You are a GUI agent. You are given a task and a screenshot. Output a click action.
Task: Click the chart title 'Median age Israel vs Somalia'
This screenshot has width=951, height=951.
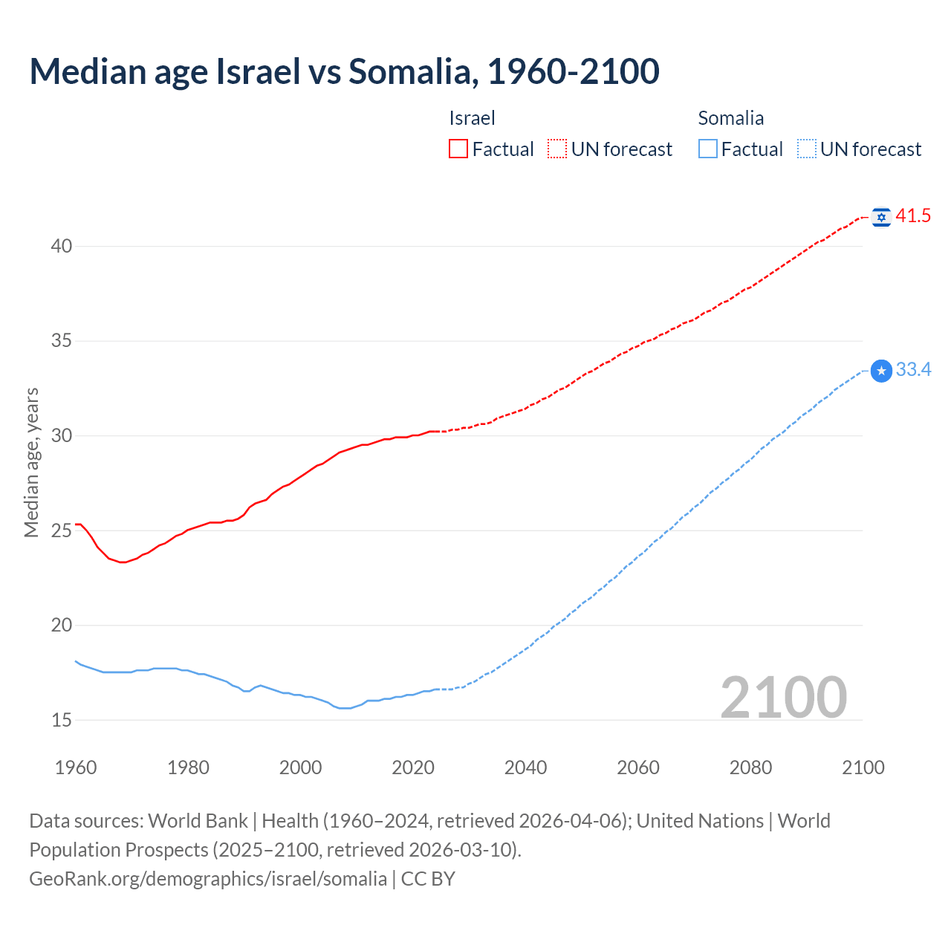pyautogui.click(x=344, y=71)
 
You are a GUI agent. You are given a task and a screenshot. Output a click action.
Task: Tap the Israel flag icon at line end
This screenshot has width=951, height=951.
pyautogui.click(x=881, y=217)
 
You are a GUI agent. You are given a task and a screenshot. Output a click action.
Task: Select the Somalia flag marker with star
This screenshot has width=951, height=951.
pyautogui.click(x=881, y=370)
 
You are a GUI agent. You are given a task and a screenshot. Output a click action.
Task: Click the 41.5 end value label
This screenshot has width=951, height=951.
pyautogui.click(x=913, y=216)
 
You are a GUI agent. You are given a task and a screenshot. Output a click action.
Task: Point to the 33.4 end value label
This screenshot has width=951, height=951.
pyautogui.click(x=913, y=369)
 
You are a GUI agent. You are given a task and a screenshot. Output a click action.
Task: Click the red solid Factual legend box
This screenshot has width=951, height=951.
pyautogui.click(x=458, y=149)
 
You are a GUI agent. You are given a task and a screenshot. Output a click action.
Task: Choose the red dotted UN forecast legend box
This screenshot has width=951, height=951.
pyautogui.click(x=557, y=149)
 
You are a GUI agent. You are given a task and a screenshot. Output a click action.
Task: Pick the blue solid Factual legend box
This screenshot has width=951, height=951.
pyautogui.click(x=708, y=149)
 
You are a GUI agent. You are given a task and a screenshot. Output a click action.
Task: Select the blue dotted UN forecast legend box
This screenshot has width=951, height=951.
pyautogui.click(x=806, y=149)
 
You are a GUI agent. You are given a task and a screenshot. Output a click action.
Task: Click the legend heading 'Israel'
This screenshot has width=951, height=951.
pyautogui.click(x=472, y=118)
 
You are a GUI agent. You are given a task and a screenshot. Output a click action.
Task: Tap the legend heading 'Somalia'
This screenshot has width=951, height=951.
pyautogui.click(x=730, y=118)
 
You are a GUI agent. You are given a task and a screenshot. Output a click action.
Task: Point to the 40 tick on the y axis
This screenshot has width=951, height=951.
pyautogui.click(x=62, y=246)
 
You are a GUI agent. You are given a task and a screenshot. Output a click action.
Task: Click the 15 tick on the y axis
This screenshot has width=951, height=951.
pyautogui.click(x=62, y=720)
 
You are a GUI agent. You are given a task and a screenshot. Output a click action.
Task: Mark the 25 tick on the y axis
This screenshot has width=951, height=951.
pyautogui.click(x=62, y=530)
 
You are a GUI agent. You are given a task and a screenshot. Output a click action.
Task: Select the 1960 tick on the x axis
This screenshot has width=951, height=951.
pyautogui.click(x=76, y=767)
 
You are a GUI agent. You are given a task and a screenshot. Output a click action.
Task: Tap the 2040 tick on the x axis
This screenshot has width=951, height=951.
pyautogui.click(x=525, y=767)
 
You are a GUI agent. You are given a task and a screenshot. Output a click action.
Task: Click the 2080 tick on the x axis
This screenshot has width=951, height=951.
pyautogui.click(x=750, y=767)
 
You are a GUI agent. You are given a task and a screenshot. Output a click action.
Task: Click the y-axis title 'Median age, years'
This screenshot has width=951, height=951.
pyautogui.click(x=31, y=462)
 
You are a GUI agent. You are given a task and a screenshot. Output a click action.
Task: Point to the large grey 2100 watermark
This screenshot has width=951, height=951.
pyautogui.click(x=783, y=698)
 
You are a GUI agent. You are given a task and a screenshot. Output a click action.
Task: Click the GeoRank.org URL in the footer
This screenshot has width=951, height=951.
pyautogui.click(x=208, y=879)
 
